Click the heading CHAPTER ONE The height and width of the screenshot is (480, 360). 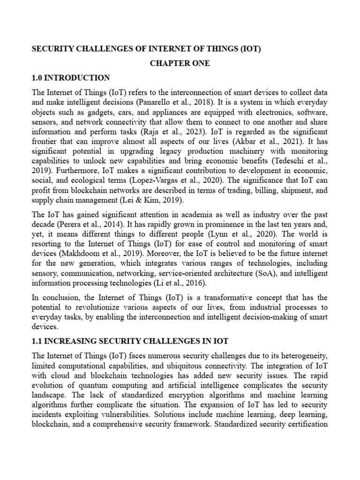pyautogui.click(x=180, y=63)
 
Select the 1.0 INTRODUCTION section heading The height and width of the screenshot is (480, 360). pyautogui.click(x=71, y=78)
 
